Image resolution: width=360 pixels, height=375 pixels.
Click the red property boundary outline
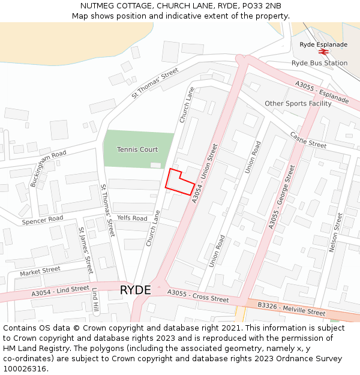(180, 181)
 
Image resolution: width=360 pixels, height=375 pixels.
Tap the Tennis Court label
(137, 149)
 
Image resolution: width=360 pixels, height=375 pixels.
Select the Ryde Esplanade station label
(323, 44)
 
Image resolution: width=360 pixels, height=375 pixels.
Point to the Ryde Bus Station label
(319, 63)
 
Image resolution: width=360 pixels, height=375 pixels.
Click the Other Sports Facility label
(298, 103)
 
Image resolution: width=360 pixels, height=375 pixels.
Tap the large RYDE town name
(135, 290)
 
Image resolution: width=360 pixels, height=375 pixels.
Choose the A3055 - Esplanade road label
(322, 92)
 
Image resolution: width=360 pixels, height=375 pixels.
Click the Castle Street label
(308, 140)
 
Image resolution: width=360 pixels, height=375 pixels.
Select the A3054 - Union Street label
(204, 173)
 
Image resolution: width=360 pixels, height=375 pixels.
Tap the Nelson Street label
(335, 232)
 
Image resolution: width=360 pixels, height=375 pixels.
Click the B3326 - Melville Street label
(292, 308)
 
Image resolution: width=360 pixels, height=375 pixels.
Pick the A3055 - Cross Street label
(198, 296)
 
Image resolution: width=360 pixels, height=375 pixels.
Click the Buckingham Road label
(48, 169)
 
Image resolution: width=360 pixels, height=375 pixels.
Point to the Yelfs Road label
(132, 218)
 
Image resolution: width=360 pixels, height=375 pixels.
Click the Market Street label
(40, 272)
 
